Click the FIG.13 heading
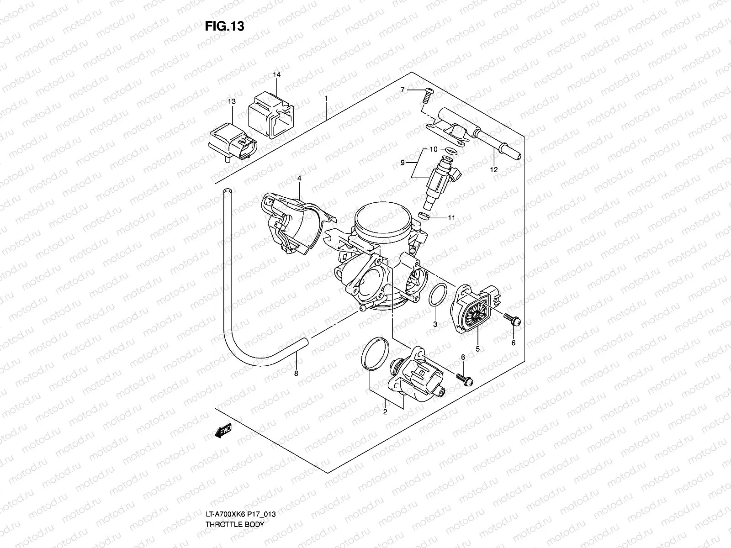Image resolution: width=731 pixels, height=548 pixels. point(224,26)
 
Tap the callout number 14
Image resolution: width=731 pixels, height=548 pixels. point(276,74)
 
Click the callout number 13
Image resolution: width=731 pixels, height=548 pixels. point(232,101)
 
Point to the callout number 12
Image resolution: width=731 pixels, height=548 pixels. point(493,170)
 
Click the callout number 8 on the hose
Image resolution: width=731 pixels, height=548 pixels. point(296,373)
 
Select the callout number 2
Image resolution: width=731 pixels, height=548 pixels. point(385,412)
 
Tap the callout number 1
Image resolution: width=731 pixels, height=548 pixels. point(326,98)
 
